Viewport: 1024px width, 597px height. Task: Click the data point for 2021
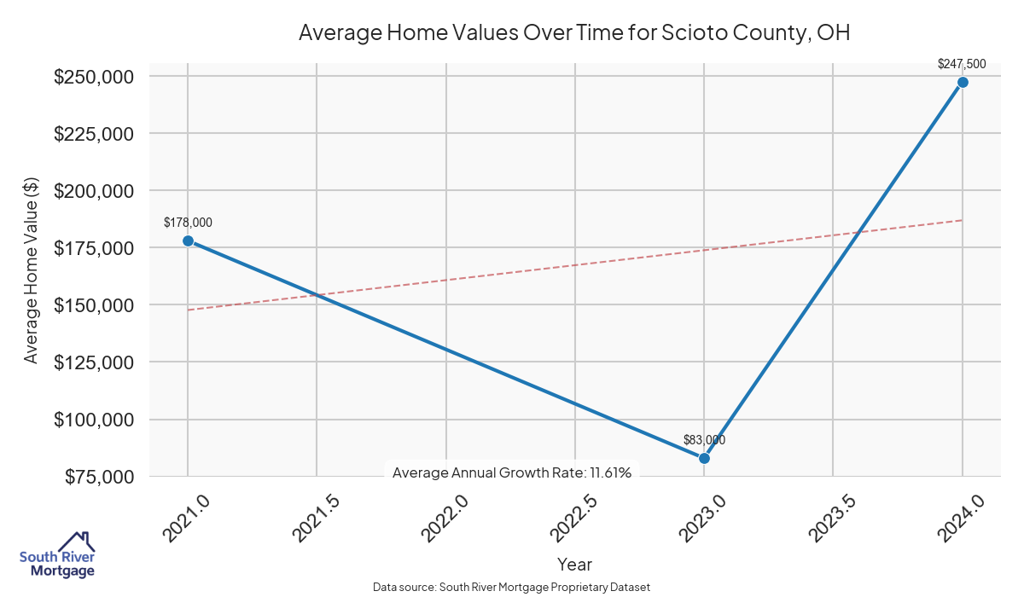coord(188,241)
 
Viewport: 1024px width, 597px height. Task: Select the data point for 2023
coord(704,458)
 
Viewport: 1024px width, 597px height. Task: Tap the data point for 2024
coord(963,82)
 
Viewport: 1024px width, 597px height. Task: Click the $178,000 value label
coord(188,223)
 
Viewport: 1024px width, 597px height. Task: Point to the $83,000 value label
coord(704,440)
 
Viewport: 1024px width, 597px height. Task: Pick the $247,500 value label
coord(962,63)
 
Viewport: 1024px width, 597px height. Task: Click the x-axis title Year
coord(574,564)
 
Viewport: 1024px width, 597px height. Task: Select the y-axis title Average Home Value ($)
coord(32,276)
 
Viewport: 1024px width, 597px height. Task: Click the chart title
coord(574,33)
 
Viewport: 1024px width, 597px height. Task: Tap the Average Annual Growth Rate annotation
coord(512,472)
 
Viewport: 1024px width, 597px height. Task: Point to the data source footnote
coord(512,587)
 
